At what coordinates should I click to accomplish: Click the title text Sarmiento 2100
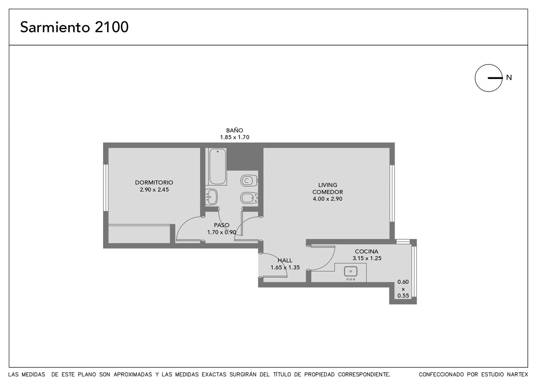coord(74,27)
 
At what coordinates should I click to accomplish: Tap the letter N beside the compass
coord(509,77)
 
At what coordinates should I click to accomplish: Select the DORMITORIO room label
coord(154,183)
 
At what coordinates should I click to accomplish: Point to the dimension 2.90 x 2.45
coord(154,190)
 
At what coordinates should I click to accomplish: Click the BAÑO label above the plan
coord(235,130)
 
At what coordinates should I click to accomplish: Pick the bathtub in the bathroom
coord(218,166)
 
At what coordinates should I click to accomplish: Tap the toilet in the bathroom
coord(249,180)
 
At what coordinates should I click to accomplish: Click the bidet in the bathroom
coord(249,198)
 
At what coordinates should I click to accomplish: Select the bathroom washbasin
coord(211,197)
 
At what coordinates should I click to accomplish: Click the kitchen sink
coord(350,272)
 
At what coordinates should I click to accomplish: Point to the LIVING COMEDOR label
coord(328,189)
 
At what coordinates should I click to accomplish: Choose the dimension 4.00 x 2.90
coord(328,199)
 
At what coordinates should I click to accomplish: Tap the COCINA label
coord(367,251)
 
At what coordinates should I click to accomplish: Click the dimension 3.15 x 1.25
coord(367,258)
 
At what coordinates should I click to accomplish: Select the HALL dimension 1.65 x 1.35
coord(285,267)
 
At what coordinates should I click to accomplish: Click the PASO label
coord(221,225)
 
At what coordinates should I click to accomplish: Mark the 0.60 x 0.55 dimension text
coord(403,289)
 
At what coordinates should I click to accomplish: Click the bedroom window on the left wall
coord(106,188)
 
